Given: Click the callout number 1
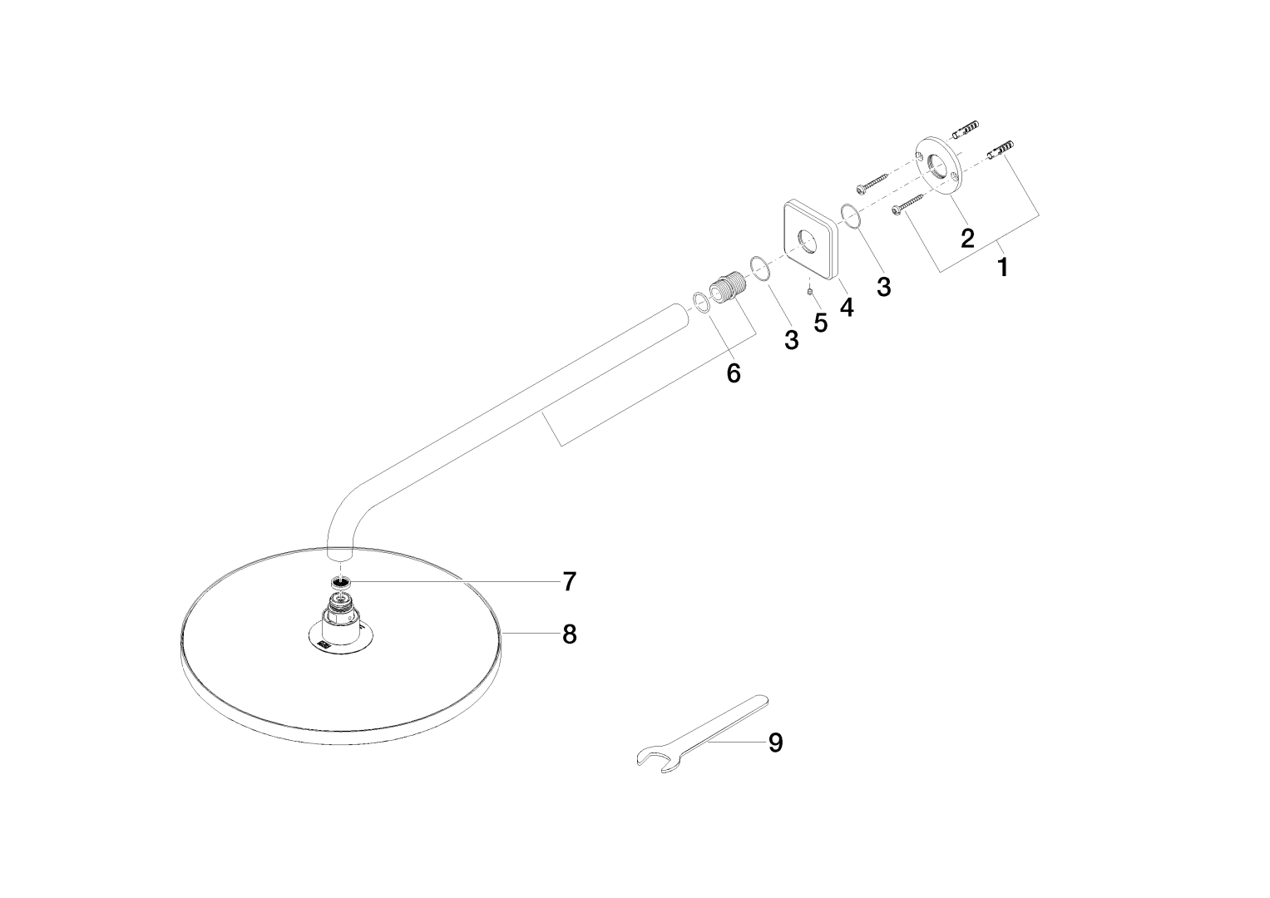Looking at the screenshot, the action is [x=1003, y=267].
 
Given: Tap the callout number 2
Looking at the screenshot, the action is [x=967, y=238].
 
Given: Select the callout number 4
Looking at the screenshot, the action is [x=847, y=308].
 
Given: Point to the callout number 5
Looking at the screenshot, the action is [x=820, y=323].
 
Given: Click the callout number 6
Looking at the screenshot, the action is [x=734, y=373].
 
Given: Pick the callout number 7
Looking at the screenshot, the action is [x=569, y=582].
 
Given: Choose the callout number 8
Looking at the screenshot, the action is [x=569, y=634].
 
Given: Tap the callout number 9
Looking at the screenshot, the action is [x=776, y=743].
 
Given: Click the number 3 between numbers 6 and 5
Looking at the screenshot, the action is [x=792, y=340].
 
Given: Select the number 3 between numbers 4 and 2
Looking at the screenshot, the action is [x=884, y=287].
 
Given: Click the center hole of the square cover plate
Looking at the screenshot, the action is [x=805, y=241].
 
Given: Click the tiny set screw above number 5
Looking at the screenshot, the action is [x=810, y=292].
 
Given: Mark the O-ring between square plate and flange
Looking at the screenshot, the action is [x=848, y=215].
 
